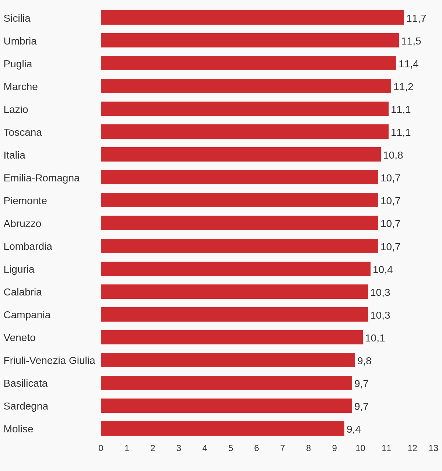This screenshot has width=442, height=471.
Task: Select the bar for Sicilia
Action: [252, 18]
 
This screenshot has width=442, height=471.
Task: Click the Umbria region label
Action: [20, 41]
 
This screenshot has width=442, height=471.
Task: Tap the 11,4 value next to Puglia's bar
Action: [408, 64]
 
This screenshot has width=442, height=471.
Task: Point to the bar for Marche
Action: [246, 86]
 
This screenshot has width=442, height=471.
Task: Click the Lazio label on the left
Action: [16, 110]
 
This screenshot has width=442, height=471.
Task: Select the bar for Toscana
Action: [245, 132]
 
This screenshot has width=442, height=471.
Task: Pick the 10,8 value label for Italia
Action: [393, 155]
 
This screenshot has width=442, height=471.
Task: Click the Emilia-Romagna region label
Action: [42, 178]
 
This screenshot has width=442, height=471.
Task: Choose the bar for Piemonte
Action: [239, 200]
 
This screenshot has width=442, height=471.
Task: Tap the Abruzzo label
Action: [22, 224]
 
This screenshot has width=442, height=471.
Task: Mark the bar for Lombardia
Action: [239, 246]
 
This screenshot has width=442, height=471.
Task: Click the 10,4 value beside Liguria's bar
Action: [383, 270]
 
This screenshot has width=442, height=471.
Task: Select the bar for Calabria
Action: [234, 292]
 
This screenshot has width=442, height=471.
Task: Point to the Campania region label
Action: [27, 315]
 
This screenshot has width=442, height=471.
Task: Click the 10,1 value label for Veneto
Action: [375, 338]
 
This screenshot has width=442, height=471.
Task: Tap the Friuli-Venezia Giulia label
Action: [49, 361]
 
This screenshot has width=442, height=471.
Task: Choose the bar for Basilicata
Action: [227, 383]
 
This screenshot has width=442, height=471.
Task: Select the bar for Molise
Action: [222, 429]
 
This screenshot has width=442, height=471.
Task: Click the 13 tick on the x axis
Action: [433, 448]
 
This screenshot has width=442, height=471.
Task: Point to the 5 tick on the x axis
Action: [231, 448]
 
